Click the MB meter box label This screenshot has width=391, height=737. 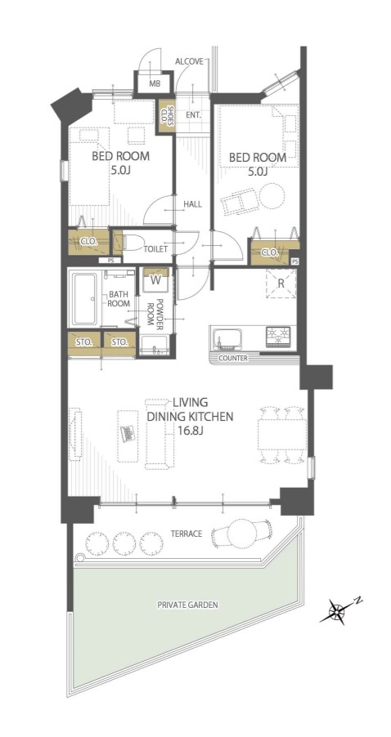pos(154,85)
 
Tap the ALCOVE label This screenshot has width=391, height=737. pos(189,61)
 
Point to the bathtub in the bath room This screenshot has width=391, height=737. pos(86,299)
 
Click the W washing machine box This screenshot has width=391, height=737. pos(155,277)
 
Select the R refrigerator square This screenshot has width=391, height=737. pos(281,284)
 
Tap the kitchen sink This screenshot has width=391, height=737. pos(227,338)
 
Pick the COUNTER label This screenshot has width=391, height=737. pos(233,358)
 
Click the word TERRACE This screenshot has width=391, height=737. pos(187,534)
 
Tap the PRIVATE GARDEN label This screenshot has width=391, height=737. pos(187,605)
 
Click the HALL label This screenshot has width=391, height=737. pos(192,204)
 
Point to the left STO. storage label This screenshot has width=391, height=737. pos(85,342)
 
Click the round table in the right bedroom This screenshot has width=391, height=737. pos(272,195)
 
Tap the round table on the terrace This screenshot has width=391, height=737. pos(243,533)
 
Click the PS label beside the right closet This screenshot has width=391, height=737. pos(295,261)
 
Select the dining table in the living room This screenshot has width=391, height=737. pos(282,434)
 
